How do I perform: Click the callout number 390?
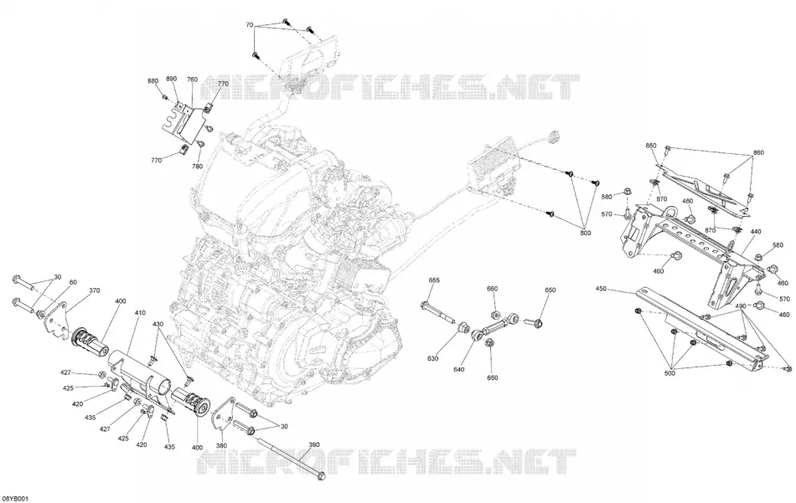coord(315,444)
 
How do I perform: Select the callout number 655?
coord(434,280)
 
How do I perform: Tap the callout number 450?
coord(601,289)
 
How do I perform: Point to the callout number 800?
coord(586,234)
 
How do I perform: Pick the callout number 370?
coord(95,290)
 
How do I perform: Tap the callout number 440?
coord(756,232)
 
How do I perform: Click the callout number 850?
coord(651,146)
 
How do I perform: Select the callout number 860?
coord(758,152)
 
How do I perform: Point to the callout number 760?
coord(193,80)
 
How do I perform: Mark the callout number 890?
coord(172,79)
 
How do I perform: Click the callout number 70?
coord(249,24)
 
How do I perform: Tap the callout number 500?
coord(669,373)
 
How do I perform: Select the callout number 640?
coord(458,370)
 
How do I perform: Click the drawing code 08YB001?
coord(14,499)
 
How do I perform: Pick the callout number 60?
coord(73,282)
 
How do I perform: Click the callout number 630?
coord(432,359)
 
